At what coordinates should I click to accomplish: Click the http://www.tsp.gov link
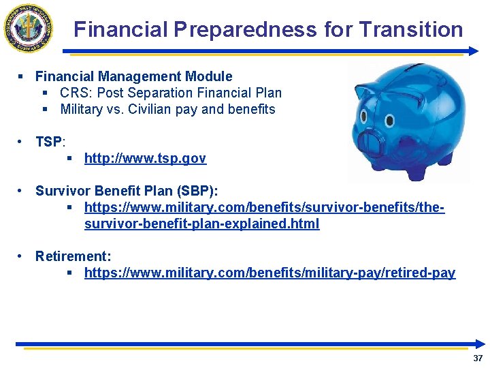(x=145, y=159)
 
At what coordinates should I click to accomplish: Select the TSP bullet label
(x=49, y=142)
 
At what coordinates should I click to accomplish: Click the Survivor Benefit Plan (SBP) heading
(x=127, y=191)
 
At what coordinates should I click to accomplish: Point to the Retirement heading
(x=73, y=256)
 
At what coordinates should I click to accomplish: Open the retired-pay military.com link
(x=269, y=273)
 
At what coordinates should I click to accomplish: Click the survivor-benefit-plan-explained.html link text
(x=201, y=224)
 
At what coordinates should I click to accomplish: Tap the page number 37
(x=477, y=358)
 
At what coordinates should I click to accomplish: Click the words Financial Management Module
(x=133, y=76)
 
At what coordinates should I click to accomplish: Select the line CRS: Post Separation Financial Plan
(x=170, y=93)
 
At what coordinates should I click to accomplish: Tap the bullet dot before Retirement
(x=22, y=256)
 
